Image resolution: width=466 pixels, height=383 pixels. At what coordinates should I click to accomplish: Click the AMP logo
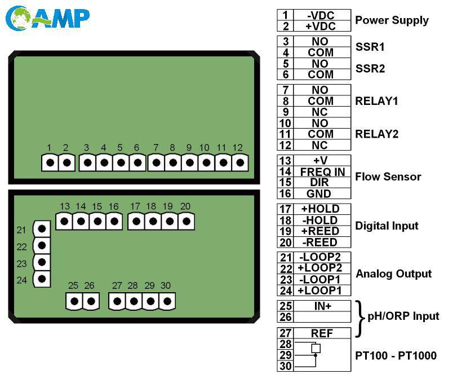[x=47, y=18]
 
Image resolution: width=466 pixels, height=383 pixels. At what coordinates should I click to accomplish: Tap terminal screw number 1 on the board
[x=50, y=163]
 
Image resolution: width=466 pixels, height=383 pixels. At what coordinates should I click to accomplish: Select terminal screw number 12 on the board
[x=240, y=163]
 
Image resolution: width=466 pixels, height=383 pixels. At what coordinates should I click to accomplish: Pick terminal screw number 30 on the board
[x=166, y=301]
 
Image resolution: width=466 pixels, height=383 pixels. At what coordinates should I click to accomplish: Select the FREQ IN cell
[x=322, y=171]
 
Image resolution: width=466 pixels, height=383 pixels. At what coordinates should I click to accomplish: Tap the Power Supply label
[x=392, y=20]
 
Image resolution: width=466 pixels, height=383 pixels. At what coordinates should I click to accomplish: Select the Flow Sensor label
[x=388, y=177]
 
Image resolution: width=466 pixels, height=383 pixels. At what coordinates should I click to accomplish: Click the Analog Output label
[x=393, y=274]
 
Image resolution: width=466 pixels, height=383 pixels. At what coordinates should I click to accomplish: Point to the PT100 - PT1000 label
[x=396, y=355]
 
